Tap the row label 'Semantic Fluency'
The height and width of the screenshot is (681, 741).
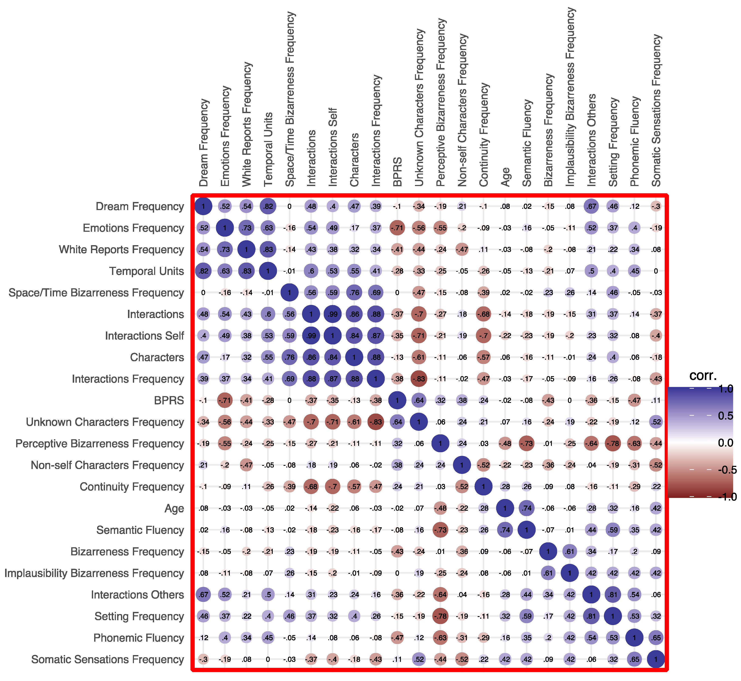(x=140, y=530)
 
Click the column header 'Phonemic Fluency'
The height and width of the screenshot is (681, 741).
(x=635, y=142)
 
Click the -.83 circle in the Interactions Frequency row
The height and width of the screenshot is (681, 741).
(x=419, y=379)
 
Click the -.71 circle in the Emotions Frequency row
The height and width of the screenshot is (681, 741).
(x=397, y=228)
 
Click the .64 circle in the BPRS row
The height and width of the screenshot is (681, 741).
(x=419, y=400)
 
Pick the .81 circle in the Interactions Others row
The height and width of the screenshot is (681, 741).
(x=613, y=594)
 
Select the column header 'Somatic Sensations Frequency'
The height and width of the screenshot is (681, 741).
(x=656, y=111)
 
